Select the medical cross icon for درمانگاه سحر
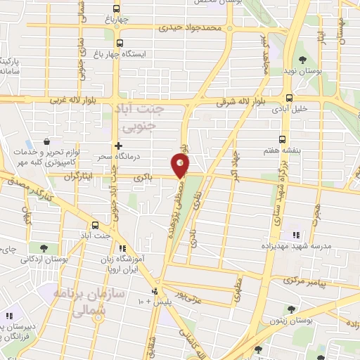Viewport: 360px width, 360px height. pos(118,144)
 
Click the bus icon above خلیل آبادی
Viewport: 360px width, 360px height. pos(289,98)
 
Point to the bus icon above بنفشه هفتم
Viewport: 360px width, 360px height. pos(283,139)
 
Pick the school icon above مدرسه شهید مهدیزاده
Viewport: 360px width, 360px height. pos(295,235)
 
